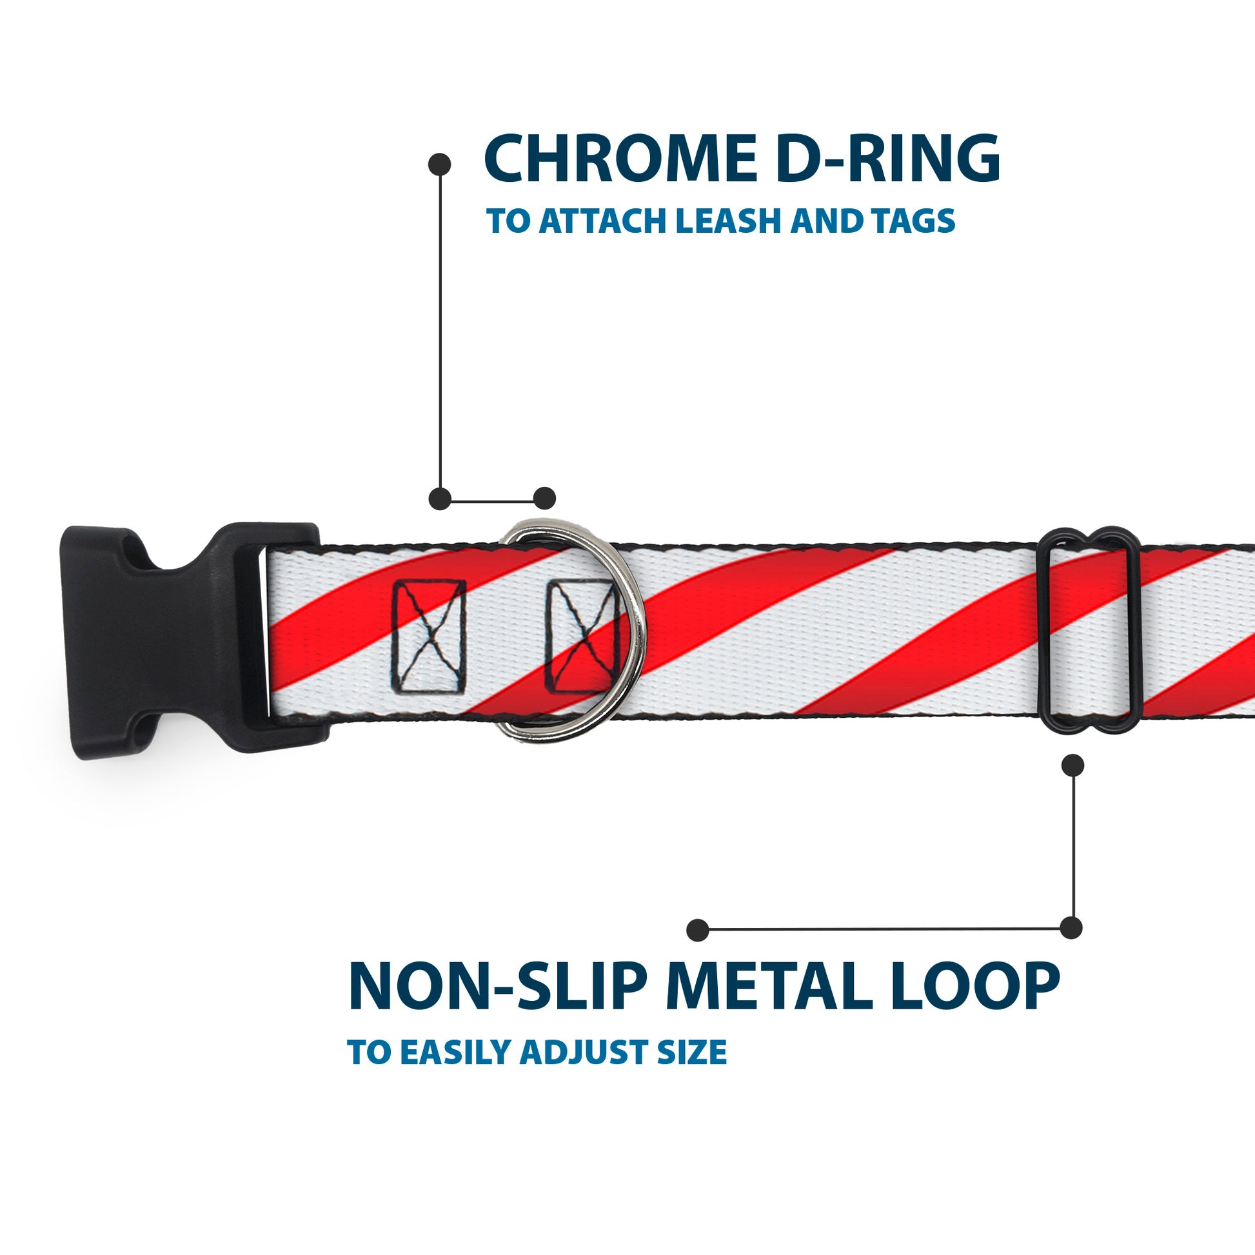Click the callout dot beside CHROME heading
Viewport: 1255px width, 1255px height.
(440, 164)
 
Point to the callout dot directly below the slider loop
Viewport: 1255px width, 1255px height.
(1072, 766)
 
